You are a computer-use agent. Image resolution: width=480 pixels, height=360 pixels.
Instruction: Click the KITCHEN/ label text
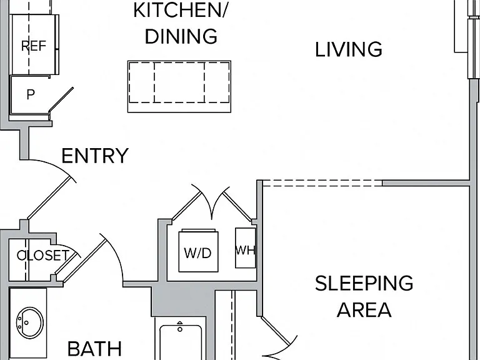(180, 10)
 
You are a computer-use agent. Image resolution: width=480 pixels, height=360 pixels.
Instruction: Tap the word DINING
(181, 36)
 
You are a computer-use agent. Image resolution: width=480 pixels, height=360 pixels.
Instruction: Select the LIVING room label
(349, 49)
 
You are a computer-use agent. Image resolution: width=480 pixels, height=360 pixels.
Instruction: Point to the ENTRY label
(95, 156)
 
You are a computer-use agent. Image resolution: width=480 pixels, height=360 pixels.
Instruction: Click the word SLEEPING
(364, 283)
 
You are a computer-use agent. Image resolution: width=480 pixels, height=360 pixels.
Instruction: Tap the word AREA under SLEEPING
(364, 309)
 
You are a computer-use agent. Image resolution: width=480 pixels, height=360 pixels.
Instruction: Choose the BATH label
(94, 349)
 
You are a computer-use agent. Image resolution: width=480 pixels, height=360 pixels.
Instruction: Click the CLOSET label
(43, 255)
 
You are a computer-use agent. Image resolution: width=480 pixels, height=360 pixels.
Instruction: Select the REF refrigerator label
(34, 46)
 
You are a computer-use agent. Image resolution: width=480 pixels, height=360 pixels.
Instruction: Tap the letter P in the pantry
(31, 94)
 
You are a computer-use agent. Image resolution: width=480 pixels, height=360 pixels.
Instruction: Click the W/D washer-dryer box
(198, 251)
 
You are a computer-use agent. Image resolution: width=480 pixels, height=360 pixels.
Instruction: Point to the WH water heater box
(246, 247)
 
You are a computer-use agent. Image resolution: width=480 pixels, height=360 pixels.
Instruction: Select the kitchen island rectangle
(179, 86)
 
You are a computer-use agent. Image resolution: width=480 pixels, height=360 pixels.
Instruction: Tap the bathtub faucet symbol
(180, 327)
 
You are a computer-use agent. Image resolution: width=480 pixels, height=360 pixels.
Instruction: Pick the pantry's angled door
(61, 99)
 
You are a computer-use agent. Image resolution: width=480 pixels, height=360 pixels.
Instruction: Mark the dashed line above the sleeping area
(322, 183)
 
